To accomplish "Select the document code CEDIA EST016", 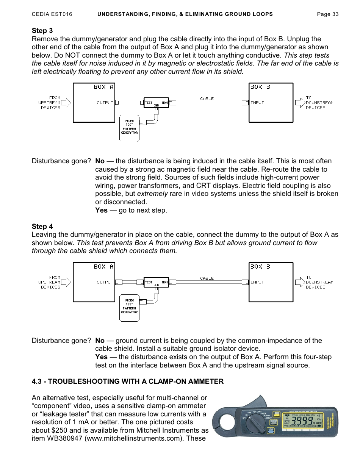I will click(x=52, y=14).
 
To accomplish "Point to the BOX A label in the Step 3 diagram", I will click(x=103, y=87).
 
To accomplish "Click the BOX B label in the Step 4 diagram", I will click(x=260, y=267).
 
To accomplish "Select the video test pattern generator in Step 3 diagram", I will click(x=129, y=128).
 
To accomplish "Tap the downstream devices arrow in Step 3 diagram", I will click(x=300, y=102).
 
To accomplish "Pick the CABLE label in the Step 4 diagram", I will click(x=207, y=278).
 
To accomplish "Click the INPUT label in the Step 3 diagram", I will click(x=257, y=103).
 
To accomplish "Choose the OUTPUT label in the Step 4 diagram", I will click(x=105, y=282).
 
